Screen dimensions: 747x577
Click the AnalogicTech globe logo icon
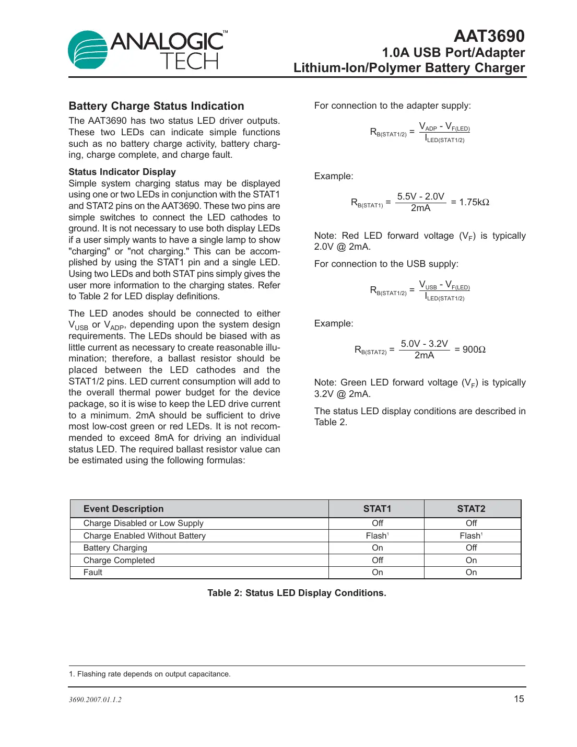[88, 50]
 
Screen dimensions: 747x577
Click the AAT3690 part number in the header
[489, 36]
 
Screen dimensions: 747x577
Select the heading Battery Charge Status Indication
[156, 106]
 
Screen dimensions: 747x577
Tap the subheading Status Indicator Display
[122, 172]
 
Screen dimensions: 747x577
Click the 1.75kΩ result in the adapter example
[474, 202]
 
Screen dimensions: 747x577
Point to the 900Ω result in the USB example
[474, 349]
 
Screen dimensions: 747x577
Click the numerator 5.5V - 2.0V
[420, 196]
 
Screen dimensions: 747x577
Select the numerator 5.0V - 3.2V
[424, 344]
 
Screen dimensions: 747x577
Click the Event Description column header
[123, 509]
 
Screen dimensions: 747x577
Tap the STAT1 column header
[377, 509]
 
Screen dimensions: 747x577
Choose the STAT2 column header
[471, 509]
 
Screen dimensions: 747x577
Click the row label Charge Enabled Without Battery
[145, 535]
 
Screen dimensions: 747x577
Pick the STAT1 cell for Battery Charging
[377, 547]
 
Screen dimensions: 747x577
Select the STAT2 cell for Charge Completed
[471, 560]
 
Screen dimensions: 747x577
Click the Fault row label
[93, 572]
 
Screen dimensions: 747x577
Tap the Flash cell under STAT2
[470, 535]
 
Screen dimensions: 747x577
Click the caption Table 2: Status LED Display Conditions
[297, 593]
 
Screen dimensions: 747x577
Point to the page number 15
[519, 699]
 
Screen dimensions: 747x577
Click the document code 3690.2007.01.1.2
[95, 699]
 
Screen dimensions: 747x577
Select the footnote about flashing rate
[150, 674]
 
